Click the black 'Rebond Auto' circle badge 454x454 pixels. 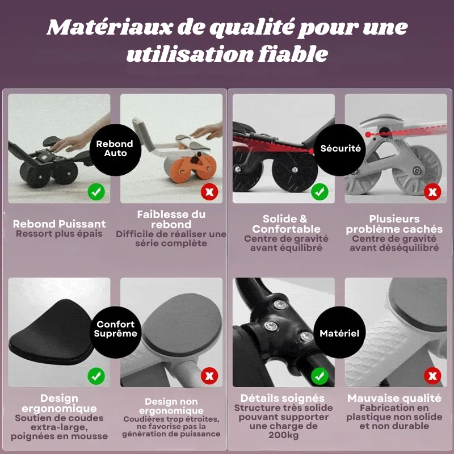pos(115,150)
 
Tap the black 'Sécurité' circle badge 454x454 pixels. pos(339,150)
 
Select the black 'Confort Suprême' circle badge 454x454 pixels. pos(115,333)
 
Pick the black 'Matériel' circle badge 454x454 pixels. pos(339,333)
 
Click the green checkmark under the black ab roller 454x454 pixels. pos(96,192)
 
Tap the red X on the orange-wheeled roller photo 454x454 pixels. pos(209,192)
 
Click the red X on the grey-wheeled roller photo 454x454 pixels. pos(432,192)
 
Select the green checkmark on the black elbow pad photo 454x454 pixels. pos(96,376)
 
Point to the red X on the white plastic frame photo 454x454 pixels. pos(432,376)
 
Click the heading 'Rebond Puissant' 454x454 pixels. pos(59,224)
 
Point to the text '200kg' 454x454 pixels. pos(283,435)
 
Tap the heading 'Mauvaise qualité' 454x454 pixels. pos(394,398)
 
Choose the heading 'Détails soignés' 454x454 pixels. pos(282,398)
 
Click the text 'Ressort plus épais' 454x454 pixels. pos(59,234)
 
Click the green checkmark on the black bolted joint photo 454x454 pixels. pos(320,376)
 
